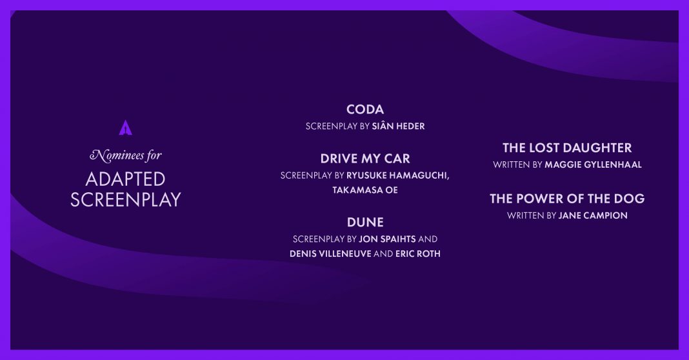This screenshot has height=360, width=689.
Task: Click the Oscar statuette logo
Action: pos(126,128)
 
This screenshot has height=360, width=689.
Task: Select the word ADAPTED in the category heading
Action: pos(126,179)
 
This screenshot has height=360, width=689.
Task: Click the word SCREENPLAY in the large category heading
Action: pos(126,199)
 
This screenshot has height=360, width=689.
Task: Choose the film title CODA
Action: pos(364,110)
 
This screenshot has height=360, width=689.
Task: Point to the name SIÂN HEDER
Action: pos(398,126)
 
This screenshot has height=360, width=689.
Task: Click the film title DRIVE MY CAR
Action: pos(364,159)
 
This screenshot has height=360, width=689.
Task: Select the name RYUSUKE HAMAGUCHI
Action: pos(397,175)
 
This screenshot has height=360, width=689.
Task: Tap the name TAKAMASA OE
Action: pos(364,190)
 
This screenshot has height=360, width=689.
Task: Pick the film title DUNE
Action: pos(364,223)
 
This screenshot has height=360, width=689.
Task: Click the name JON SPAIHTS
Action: pos(387,239)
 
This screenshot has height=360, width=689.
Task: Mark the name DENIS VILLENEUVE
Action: pos(330,254)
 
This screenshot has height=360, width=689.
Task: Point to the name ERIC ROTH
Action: pos(418,254)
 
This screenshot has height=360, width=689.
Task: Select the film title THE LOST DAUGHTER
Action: pos(567,148)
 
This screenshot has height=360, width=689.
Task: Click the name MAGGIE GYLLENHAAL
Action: pos(594,165)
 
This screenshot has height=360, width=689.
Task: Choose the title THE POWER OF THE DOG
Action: pos(567,199)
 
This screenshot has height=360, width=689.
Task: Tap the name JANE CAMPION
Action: pos(593,215)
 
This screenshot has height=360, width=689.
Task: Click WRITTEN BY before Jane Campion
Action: pos(532,215)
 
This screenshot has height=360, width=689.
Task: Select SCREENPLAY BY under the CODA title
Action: pos(337,126)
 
